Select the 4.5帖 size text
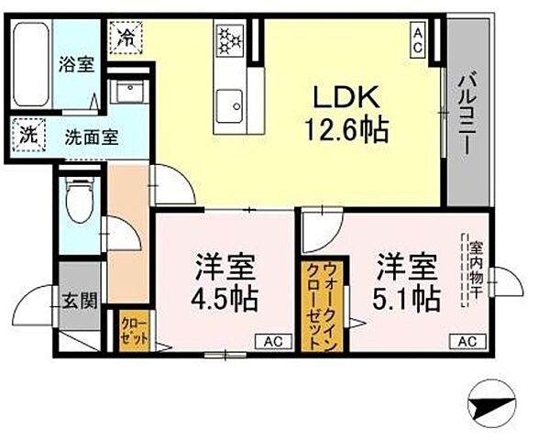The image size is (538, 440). pyautogui.click(x=225, y=299)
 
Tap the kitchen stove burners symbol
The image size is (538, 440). pyautogui.click(x=228, y=40)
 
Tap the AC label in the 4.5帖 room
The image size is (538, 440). pyautogui.click(x=272, y=342)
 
